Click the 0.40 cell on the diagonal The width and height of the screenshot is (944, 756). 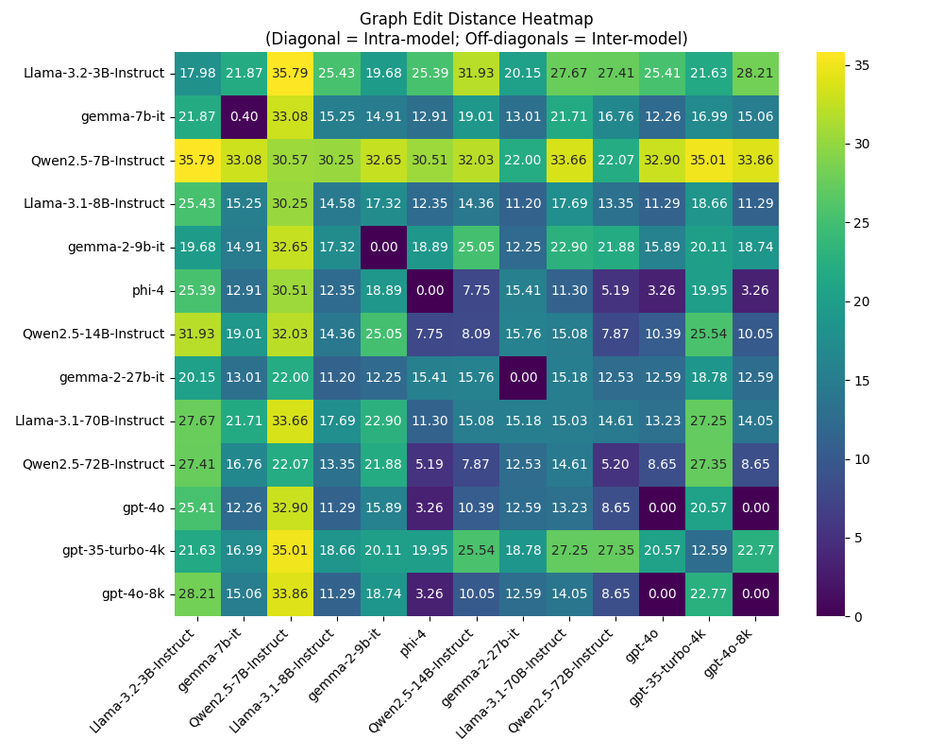243,116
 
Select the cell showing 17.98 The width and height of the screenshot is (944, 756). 196,73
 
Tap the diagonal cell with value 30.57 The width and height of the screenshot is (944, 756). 290,160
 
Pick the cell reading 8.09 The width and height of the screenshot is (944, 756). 476,334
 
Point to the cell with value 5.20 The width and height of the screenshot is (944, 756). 615,464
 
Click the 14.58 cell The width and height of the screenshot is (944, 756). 336,203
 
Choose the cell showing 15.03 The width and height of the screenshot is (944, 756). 569,421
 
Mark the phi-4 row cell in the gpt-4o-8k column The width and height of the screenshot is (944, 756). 755,290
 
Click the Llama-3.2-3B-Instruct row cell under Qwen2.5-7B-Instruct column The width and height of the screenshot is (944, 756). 290,73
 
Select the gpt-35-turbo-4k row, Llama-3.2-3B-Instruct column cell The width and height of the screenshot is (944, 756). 196,551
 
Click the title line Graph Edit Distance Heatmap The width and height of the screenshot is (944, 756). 476,19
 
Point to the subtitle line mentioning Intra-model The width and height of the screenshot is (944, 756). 476,39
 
